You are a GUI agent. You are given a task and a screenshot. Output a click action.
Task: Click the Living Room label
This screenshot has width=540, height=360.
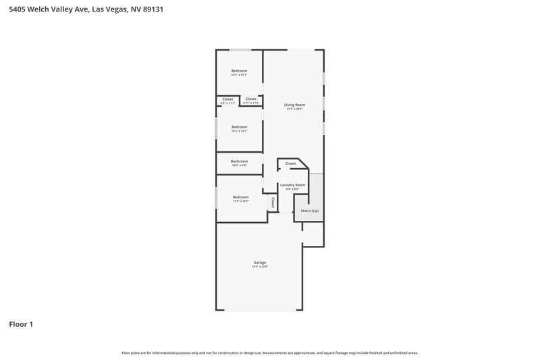tap(294, 105)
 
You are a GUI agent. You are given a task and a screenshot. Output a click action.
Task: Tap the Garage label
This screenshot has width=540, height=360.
tap(260, 262)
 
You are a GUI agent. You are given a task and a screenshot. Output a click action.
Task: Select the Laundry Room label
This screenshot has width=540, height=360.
tap(292, 184)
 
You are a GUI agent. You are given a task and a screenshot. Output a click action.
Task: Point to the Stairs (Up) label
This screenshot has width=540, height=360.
tap(310, 211)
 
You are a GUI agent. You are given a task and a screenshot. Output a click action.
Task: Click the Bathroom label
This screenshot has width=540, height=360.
tap(239, 161)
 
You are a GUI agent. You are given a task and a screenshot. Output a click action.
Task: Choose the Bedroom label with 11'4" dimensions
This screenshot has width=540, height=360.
tap(240, 197)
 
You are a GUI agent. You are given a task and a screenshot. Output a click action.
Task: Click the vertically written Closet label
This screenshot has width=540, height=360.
tap(273, 201)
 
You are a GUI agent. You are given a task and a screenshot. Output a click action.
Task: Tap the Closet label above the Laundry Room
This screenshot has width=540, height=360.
tap(290, 163)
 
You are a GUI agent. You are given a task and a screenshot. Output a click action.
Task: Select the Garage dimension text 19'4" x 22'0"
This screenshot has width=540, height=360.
tap(260, 267)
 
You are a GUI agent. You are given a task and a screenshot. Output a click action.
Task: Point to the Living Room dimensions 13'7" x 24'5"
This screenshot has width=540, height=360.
tap(294, 109)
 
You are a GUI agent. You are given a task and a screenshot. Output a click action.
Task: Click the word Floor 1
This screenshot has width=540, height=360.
tap(21, 324)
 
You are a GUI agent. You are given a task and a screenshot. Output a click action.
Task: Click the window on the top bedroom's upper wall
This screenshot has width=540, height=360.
tap(240, 49)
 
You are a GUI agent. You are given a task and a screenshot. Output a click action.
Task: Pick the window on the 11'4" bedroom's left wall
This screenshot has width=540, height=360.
tap(216, 197)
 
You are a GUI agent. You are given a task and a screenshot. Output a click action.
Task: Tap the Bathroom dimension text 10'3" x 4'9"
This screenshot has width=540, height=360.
tap(239, 165)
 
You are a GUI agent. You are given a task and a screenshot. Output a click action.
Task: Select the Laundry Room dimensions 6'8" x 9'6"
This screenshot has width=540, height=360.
tap(292, 189)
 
